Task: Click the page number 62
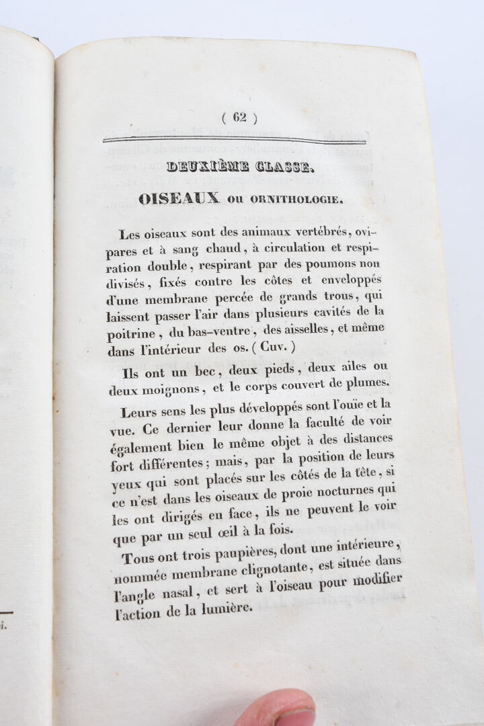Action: (240, 117)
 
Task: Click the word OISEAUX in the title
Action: (179, 198)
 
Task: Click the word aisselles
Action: (304, 330)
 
